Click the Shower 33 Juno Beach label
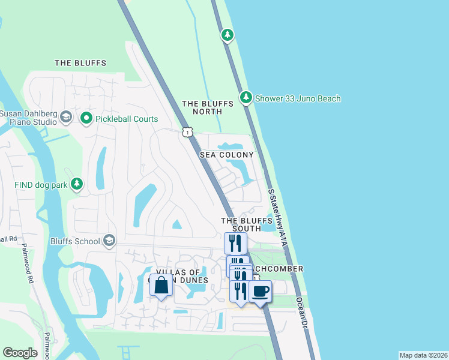pos(298,98)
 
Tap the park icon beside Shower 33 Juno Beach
pos(246,97)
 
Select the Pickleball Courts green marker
pos(86,118)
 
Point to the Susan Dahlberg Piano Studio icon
pos(66,118)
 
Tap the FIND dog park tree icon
pos(77,184)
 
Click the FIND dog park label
pos(41,185)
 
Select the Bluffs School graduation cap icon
pos(109,241)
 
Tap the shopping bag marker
pos(161,286)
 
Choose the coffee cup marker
pos(260,292)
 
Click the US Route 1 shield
pos(188,132)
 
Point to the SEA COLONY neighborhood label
pos(227,155)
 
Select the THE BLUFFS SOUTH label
pos(241,224)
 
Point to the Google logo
pos(20,353)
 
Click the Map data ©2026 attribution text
pos(423,355)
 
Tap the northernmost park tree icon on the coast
pos(227,35)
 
